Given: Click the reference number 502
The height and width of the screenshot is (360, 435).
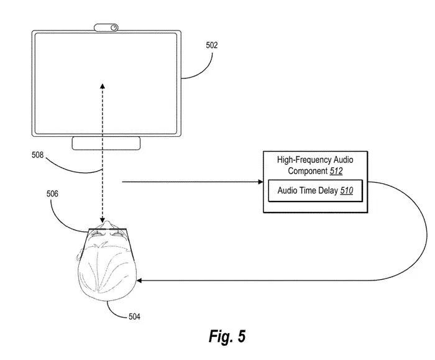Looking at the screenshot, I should click(x=212, y=45).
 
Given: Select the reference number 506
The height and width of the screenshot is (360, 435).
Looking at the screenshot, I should click(x=53, y=193).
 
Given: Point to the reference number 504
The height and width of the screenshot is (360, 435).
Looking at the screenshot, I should click(x=134, y=317).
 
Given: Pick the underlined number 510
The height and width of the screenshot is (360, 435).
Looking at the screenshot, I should click(x=346, y=191).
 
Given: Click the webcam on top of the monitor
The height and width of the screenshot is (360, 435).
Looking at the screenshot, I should click(x=107, y=27).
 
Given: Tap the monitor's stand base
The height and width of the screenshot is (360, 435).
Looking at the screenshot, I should click(x=106, y=144).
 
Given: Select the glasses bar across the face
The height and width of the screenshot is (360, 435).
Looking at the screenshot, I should click(x=107, y=231).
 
